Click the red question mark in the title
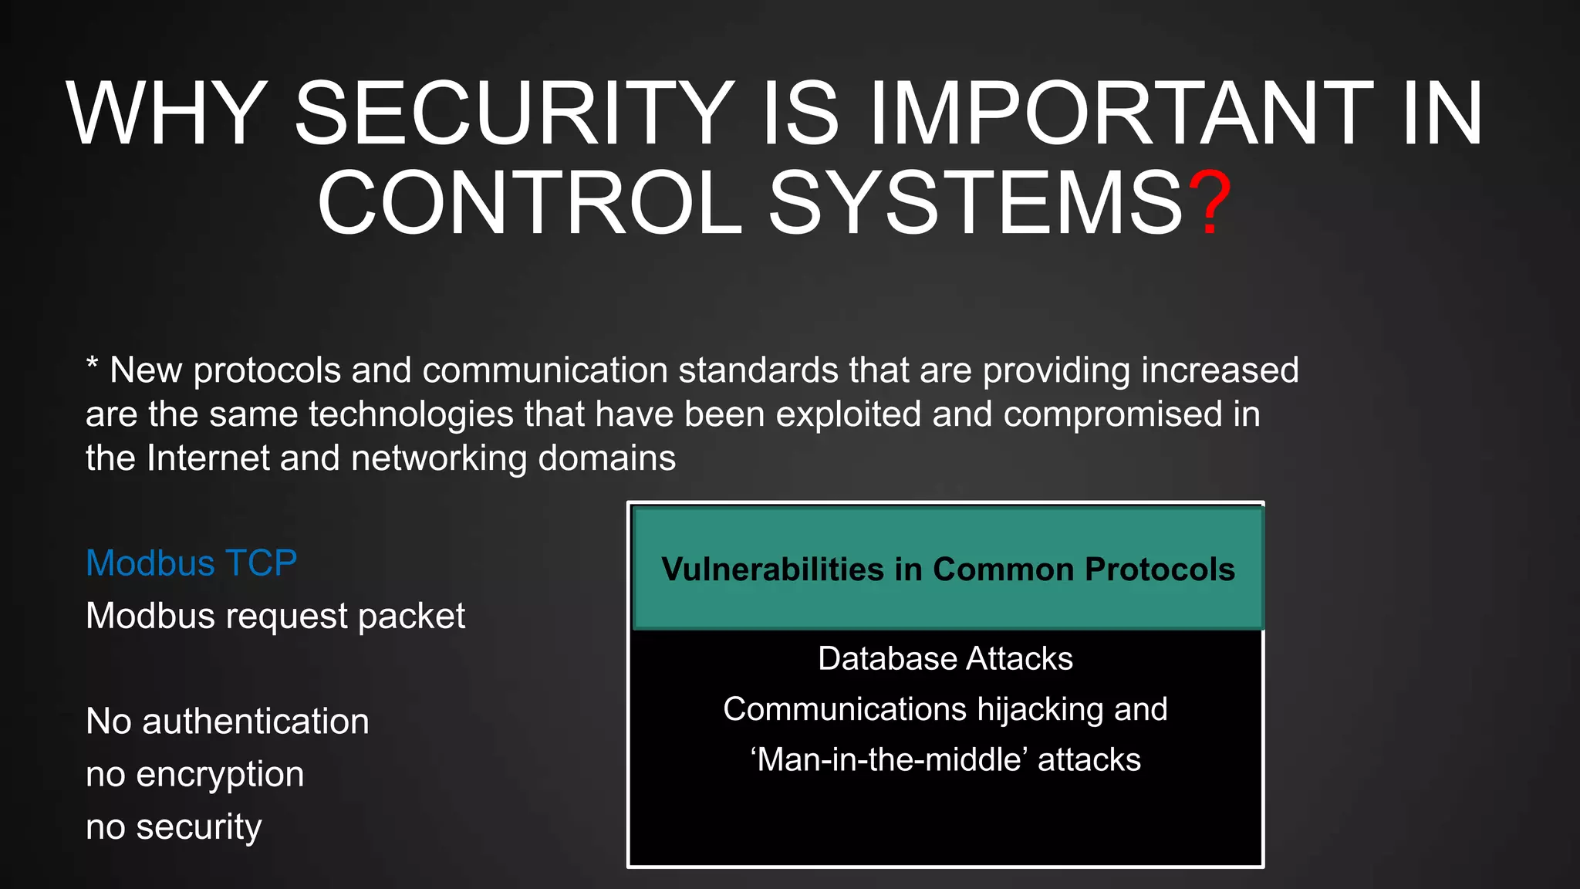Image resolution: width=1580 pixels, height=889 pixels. coord(1210,202)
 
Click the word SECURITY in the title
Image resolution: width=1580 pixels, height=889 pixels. coord(515,113)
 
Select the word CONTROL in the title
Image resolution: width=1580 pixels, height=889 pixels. coord(529,202)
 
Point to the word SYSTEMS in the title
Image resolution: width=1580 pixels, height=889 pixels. coord(975,202)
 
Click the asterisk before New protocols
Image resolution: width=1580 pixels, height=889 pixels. coord(92,363)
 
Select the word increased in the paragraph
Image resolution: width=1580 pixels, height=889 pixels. coord(1220,370)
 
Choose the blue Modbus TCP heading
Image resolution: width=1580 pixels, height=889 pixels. coord(191,563)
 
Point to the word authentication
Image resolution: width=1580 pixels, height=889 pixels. coord(255,722)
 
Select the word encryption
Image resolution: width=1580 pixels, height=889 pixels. coord(220,775)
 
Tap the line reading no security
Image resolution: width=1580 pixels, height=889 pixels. coord(174,827)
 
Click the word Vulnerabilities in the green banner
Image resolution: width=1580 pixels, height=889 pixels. coord(772,570)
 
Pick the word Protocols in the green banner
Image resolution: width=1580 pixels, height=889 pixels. coord(1160,570)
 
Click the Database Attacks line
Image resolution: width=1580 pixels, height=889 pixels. coord(945,659)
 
